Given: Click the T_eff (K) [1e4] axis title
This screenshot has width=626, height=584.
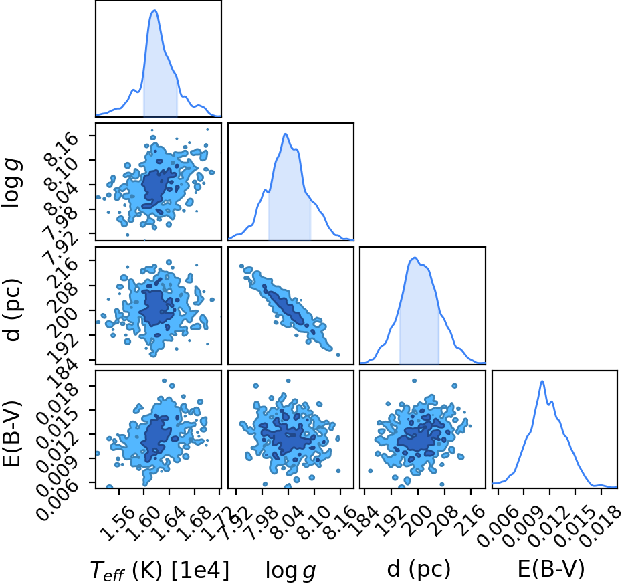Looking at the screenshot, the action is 160,570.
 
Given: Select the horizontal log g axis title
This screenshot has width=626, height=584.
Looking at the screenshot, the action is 291,571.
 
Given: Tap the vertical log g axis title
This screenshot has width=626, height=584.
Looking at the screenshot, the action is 11,183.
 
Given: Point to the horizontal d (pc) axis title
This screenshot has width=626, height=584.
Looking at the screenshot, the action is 419,569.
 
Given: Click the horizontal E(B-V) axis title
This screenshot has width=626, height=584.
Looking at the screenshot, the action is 551,569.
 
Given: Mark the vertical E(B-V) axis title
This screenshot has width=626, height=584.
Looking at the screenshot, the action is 11,433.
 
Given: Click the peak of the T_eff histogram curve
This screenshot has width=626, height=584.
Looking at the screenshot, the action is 154,11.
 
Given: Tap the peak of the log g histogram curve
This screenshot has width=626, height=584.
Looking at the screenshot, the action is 286,134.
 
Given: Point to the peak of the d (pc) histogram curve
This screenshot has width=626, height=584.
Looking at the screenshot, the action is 415,258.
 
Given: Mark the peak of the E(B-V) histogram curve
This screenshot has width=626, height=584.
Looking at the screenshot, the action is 542,381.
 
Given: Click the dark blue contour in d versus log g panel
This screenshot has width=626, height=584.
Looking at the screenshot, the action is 286,308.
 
